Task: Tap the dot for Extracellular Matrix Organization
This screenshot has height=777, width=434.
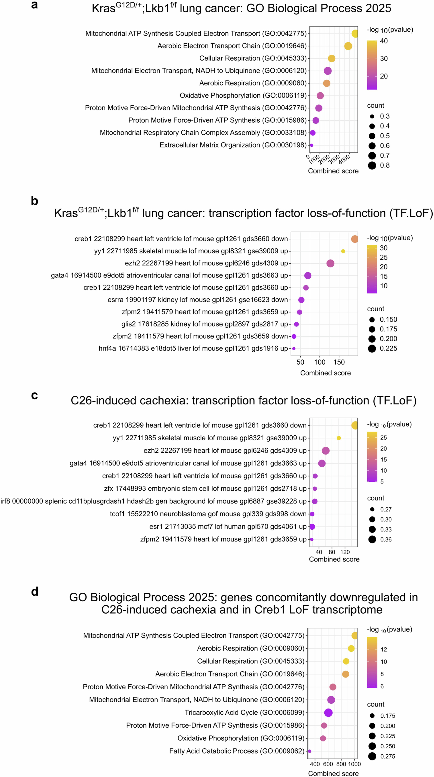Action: coord(312,145)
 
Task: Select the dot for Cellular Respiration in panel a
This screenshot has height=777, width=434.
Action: coord(331,58)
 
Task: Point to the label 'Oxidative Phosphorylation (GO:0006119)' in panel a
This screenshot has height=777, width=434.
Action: coord(243,95)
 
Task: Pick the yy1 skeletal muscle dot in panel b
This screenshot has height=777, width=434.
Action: coord(343,251)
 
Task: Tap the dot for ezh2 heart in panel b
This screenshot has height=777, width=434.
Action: coord(330,263)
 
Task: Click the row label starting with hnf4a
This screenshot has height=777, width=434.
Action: coord(193,348)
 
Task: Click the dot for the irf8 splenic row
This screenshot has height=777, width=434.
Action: coord(315,501)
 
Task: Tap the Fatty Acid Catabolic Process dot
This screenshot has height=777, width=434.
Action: coord(309,751)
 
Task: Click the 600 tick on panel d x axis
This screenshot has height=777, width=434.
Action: coord(328,764)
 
